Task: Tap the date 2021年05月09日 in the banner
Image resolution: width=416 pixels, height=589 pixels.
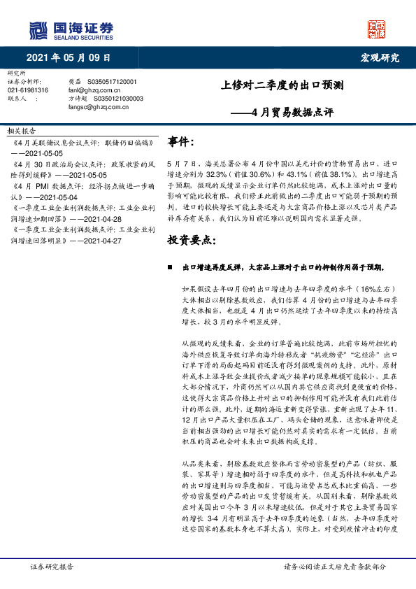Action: pos(69,57)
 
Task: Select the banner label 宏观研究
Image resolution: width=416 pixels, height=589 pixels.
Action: pos(380,57)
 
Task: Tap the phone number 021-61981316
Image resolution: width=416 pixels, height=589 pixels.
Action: pos(28,91)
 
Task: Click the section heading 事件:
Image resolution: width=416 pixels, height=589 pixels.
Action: pos(181,143)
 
